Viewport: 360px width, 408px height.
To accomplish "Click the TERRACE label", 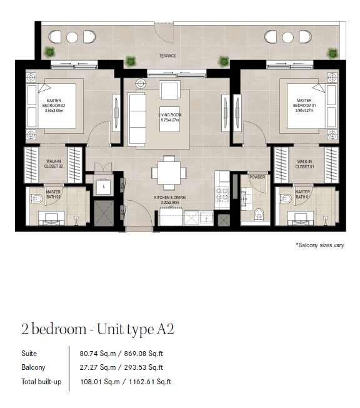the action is tap(167, 56).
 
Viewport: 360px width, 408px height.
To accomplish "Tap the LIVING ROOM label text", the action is tap(170, 115).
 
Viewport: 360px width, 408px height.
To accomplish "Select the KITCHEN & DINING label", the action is tap(170, 198).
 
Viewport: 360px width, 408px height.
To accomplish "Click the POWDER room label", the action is tap(257, 177).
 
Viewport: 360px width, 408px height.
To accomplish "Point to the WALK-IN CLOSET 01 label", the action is tap(304, 164).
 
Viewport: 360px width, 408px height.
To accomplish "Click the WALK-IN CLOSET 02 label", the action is tap(53, 164).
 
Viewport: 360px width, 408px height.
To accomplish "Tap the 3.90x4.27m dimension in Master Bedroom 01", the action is tap(304, 111).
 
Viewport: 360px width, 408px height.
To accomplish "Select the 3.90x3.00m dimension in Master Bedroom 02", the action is tap(54, 111).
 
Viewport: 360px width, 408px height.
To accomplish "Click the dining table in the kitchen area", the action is tap(169, 173).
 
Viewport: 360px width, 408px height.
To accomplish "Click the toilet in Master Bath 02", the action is tap(36, 199).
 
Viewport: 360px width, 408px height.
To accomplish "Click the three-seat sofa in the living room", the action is tap(137, 119).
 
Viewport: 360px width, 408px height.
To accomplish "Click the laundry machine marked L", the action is tap(104, 186).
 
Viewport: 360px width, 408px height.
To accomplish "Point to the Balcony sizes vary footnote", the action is tap(320, 245).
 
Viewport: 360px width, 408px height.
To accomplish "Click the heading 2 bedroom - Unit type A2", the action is tap(97, 329).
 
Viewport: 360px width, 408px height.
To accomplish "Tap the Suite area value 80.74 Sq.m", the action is tap(97, 354).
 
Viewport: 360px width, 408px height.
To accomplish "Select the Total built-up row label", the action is tap(42, 382).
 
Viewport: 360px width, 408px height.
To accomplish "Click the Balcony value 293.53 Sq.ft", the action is tap(144, 367).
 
